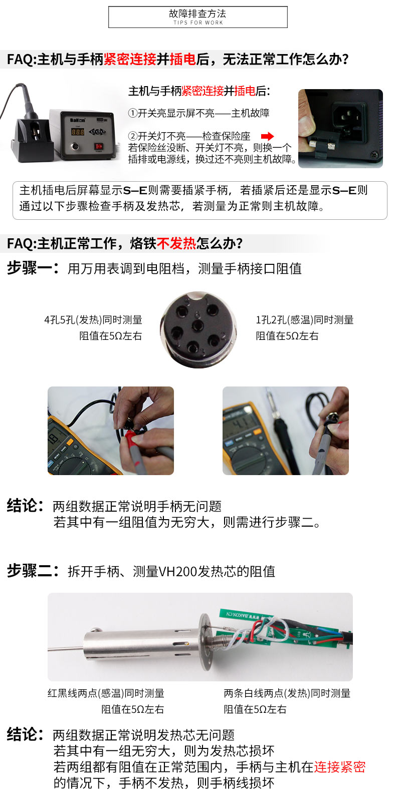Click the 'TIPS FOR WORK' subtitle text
(x=198, y=23)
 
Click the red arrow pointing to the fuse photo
(x=267, y=136)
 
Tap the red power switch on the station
(x=98, y=146)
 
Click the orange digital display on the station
(x=78, y=132)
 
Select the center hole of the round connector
(x=197, y=325)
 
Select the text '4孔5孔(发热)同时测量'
(x=93, y=319)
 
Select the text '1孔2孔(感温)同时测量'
(x=305, y=319)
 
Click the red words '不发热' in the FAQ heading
(x=176, y=243)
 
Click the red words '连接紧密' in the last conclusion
(x=340, y=767)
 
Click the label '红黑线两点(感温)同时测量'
(x=106, y=693)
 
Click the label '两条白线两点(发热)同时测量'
(x=287, y=693)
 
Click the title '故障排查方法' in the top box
(x=197, y=14)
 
